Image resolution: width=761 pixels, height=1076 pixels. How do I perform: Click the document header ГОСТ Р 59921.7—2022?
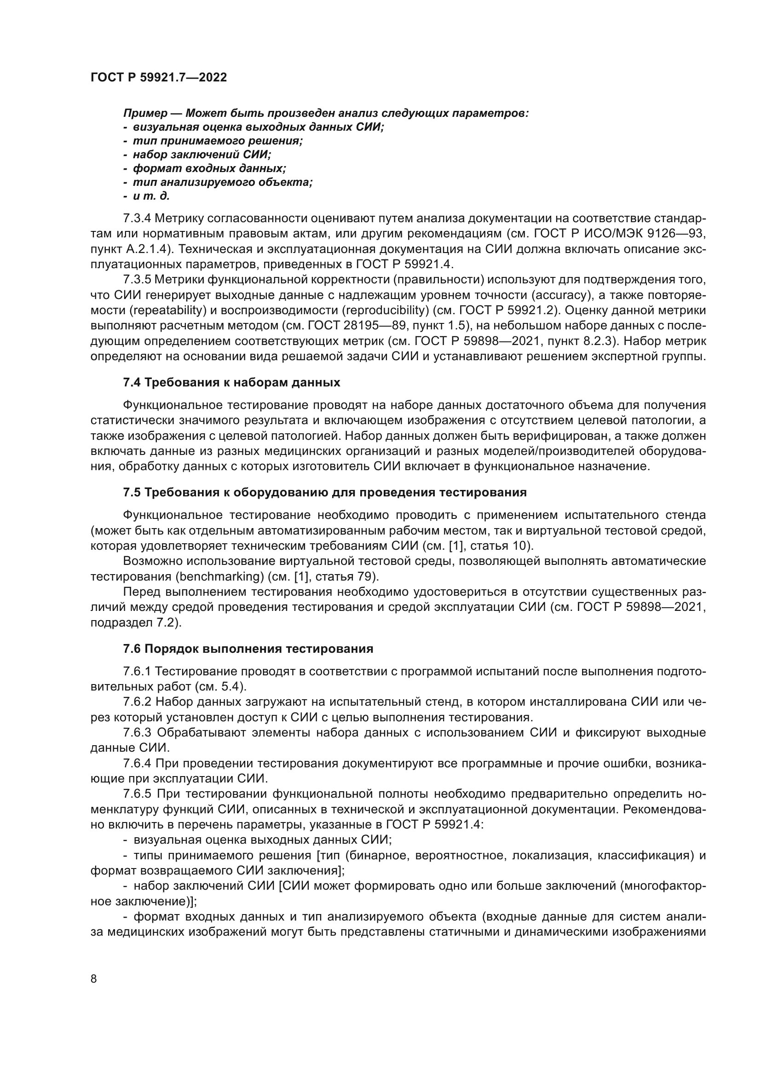158,77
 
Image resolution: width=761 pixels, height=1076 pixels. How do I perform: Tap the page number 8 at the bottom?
94,966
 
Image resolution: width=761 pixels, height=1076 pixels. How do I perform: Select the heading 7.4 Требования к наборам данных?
231,382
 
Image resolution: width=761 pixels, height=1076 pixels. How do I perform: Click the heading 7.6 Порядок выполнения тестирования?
248,649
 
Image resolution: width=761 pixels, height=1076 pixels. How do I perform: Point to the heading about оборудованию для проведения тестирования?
325,492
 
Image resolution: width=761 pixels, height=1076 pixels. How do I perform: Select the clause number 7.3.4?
137,219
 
